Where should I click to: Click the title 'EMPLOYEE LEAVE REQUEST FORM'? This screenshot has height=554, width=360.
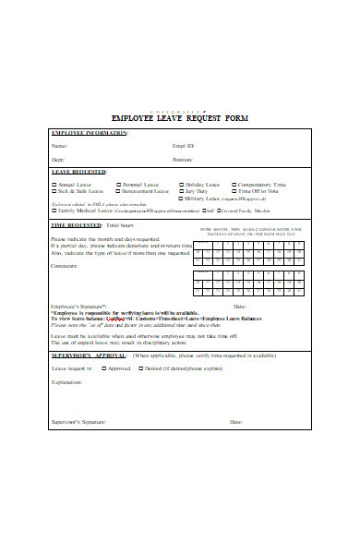click(179, 119)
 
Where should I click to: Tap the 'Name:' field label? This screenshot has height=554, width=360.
click(59, 146)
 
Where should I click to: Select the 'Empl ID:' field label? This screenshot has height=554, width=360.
click(184, 146)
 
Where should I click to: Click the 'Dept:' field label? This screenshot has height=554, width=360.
click(58, 160)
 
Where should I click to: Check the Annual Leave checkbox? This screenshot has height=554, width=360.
click(54, 185)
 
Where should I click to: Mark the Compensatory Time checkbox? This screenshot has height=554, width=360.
click(234, 185)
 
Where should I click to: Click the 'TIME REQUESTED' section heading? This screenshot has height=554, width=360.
click(76, 224)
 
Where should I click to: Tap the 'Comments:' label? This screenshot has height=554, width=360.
click(64, 267)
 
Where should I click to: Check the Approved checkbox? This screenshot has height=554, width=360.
click(103, 367)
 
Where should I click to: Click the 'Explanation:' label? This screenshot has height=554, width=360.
click(67, 380)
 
